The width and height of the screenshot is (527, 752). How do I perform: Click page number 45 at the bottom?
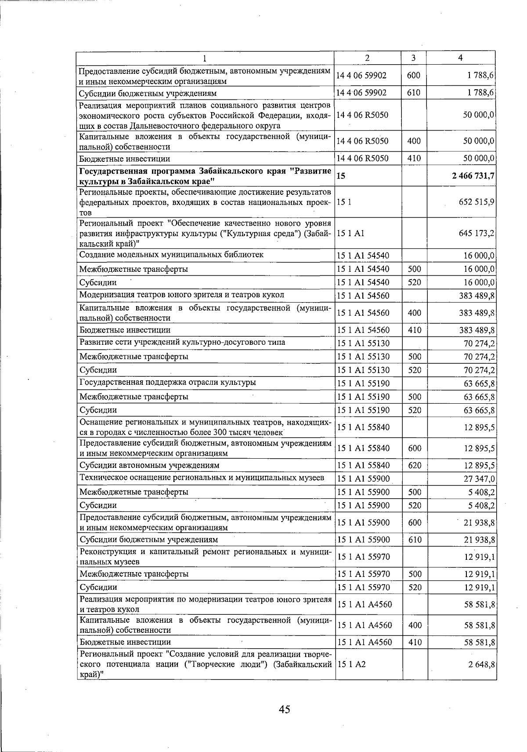(284, 709)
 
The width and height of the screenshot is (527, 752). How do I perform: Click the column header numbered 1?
(205, 58)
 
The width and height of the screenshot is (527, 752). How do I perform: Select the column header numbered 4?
(460, 58)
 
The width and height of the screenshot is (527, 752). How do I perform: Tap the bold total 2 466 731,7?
(473, 176)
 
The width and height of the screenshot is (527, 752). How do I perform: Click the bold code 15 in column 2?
(341, 176)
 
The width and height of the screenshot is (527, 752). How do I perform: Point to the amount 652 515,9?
(476, 202)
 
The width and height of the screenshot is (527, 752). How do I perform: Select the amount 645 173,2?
(476, 233)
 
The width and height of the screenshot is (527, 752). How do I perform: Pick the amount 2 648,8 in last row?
(482, 664)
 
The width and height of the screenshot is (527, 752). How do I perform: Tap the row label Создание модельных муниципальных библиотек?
(171, 255)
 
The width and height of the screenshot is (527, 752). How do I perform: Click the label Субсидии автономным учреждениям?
(149, 465)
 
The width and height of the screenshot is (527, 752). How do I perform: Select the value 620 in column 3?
(415, 465)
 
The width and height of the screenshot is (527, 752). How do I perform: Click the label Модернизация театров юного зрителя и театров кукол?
(181, 295)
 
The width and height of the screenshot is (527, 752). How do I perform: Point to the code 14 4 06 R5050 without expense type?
(362, 115)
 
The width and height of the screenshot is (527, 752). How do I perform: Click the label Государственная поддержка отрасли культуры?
(167, 382)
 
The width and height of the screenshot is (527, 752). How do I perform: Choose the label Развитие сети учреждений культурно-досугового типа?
(182, 342)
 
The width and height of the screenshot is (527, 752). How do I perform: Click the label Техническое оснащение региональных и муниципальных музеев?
(202, 478)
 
